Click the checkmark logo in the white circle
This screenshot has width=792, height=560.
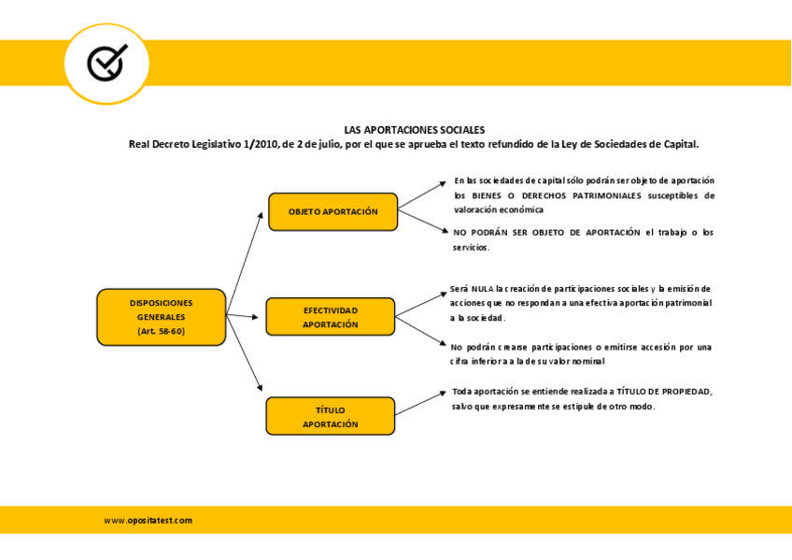pos(107,63)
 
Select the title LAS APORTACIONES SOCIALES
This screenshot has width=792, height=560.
pos(414,130)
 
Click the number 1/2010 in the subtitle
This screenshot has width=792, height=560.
pos(261,144)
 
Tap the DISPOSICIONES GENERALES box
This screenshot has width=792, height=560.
pos(162,318)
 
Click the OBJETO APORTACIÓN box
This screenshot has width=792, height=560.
pos(332,212)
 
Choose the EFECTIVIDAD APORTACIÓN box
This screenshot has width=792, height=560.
pos(331,317)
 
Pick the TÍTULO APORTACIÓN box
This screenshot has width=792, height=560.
pos(331,416)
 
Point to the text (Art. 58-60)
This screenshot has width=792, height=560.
pos(162,332)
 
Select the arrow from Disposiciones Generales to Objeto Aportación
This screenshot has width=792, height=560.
pos(245,264)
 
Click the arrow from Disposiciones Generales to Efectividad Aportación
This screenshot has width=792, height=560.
pos(243,316)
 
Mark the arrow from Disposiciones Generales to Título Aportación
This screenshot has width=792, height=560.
pos(245,352)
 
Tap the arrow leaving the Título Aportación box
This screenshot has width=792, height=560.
pos(420,403)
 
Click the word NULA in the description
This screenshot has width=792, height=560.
pos(482,289)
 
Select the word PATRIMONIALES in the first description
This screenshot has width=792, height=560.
pos(607,195)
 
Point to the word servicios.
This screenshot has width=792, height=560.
pos(471,248)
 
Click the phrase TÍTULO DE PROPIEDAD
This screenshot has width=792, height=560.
pos(664,392)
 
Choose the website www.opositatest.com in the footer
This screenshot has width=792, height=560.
pos(148,521)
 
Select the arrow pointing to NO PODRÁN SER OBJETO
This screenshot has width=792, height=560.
pos(423,221)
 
